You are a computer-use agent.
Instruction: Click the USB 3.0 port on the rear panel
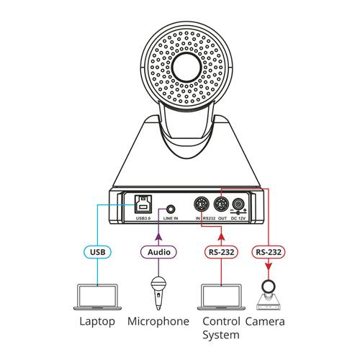click(143, 204)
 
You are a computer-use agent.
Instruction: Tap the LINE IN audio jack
click(171, 209)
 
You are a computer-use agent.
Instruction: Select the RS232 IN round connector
click(202, 204)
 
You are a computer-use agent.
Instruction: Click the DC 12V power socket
click(238, 204)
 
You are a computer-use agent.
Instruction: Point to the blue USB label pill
click(98, 252)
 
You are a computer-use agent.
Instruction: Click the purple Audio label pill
click(158, 252)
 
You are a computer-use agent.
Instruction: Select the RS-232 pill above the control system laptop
click(222, 252)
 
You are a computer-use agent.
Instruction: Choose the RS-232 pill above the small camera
click(269, 252)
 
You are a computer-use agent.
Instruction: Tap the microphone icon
click(158, 293)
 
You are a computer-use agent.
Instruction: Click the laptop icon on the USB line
click(97, 297)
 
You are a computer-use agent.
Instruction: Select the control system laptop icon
click(221, 297)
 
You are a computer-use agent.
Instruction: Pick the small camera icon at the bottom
click(269, 294)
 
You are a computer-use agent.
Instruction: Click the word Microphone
click(158, 321)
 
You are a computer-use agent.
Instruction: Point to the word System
click(221, 336)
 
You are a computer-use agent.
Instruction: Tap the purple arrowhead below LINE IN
click(158, 237)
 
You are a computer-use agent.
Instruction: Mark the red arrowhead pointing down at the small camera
click(269, 266)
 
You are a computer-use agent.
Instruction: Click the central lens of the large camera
click(186, 67)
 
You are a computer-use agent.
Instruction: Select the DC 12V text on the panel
click(238, 218)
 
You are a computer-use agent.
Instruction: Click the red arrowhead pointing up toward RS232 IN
click(222, 237)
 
